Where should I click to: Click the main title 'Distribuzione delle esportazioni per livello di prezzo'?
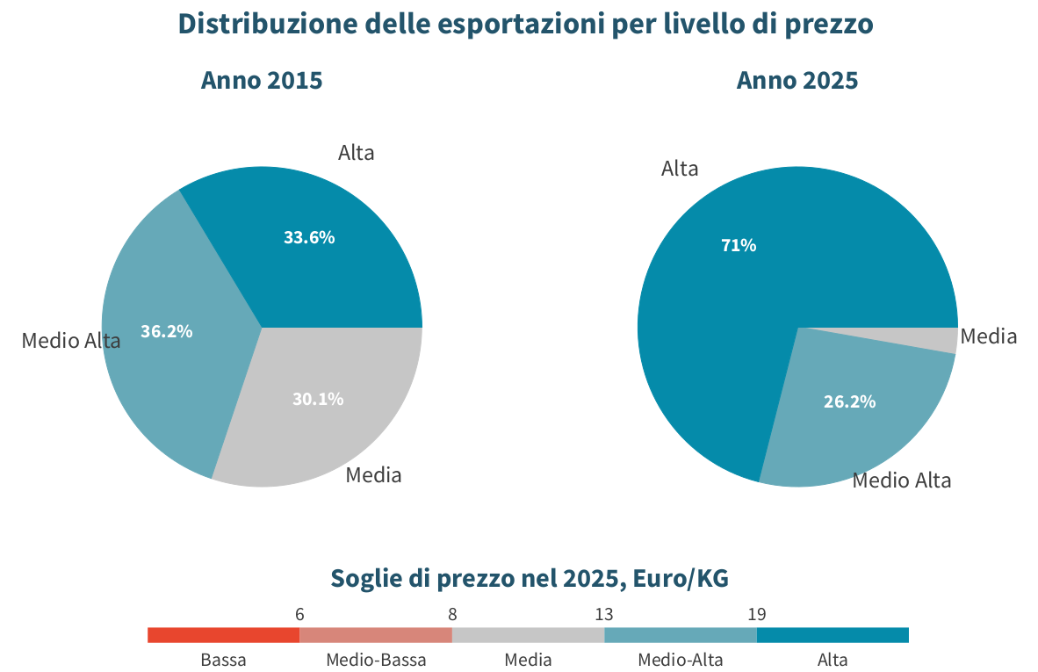click(526, 25)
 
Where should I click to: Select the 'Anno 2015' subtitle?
click(262, 81)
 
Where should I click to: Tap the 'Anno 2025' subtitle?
click(797, 81)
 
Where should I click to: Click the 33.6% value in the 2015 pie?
click(309, 237)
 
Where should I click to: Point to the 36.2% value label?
click(166, 331)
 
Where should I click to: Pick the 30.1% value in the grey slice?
click(318, 399)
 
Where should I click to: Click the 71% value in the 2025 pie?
click(739, 246)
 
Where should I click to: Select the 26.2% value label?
click(849, 401)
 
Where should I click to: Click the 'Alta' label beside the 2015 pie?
click(357, 153)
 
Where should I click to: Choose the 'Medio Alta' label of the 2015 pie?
click(71, 341)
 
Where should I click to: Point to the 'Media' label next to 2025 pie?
click(988, 336)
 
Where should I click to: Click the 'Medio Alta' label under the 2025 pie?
click(902, 480)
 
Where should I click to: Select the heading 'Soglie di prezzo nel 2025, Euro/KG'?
click(530, 578)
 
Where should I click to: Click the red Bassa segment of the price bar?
click(224, 635)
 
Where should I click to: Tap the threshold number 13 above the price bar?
click(603, 614)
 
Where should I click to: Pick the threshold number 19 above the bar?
click(757, 614)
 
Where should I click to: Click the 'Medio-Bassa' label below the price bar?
click(376, 660)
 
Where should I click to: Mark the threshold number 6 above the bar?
click(299, 614)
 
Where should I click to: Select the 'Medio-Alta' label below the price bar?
click(681, 660)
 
